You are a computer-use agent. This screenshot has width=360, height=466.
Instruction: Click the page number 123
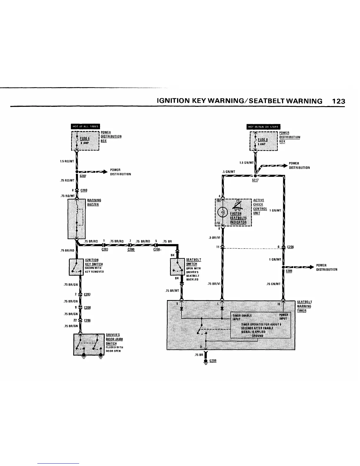pos(338,101)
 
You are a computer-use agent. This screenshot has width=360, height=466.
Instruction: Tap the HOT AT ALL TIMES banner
pos(86,127)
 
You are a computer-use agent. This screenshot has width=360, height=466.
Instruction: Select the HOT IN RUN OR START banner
pos(264,127)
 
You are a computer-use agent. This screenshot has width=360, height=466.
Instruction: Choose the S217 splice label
pos(255,180)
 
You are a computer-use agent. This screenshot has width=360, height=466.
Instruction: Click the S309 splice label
pos(289,271)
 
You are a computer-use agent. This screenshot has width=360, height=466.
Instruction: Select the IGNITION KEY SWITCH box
pos(76,267)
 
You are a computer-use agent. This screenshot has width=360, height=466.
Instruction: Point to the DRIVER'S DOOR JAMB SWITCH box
pos(89,344)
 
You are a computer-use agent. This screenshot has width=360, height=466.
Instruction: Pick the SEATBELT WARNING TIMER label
pos(304,306)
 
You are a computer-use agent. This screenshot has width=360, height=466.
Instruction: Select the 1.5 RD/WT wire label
pos(67,161)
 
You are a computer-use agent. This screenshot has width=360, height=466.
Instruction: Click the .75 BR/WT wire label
pos(172,291)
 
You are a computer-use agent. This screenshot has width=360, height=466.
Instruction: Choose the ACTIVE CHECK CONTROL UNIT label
pos(260,207)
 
